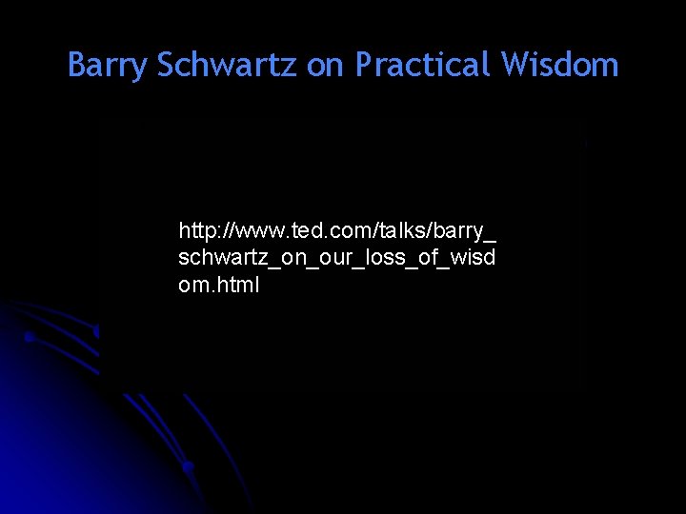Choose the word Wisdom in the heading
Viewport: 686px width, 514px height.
pyautogui.click(x=560, y=66)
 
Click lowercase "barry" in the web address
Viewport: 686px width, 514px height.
pyautogui.click(x=460, y=231)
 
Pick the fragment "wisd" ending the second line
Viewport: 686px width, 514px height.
pyautogui.click(x=468, y=258)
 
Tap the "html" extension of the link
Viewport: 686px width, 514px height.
pyautogui.click(x=236, y=285)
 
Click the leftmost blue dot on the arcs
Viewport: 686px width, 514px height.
pyautogui.click(x=29, y=337)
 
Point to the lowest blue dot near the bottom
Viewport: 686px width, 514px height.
pyautogui.click(x=189, y=466)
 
